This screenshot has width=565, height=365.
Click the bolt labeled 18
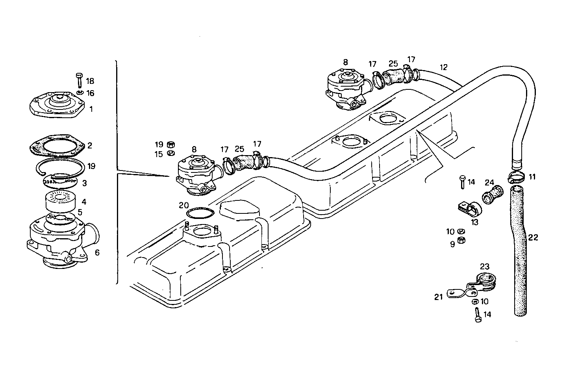tap(78, 80)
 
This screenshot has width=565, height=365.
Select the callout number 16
tap(90, 93)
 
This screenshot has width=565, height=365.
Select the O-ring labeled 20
tap(200, 213)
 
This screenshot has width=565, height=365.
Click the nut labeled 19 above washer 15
tap(171, 144)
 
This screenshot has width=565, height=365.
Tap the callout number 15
tap(158, 154)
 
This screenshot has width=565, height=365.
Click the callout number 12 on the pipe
tap(444, 67)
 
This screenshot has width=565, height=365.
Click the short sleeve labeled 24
tap(493, 195)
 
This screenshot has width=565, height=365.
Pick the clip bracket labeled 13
tap(469, 208)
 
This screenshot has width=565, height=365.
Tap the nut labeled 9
tap(463, 241)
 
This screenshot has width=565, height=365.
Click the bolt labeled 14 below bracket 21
tap(478, 315)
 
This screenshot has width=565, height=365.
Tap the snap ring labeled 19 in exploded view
tap(59, 167)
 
